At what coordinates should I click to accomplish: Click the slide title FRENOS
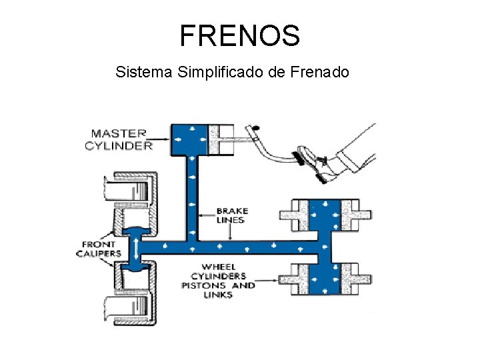(x=240, y=35)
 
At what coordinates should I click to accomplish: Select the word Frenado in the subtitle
(x=320, y=71)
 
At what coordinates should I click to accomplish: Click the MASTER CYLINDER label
(x=119, y=139)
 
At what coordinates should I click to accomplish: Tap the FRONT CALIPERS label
(x=98, y=249)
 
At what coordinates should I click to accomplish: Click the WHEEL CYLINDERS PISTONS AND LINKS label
(x=218, y=281)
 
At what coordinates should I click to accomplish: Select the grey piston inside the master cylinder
(x=221, y=139)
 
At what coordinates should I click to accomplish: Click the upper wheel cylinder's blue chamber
(x=325, y=214)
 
